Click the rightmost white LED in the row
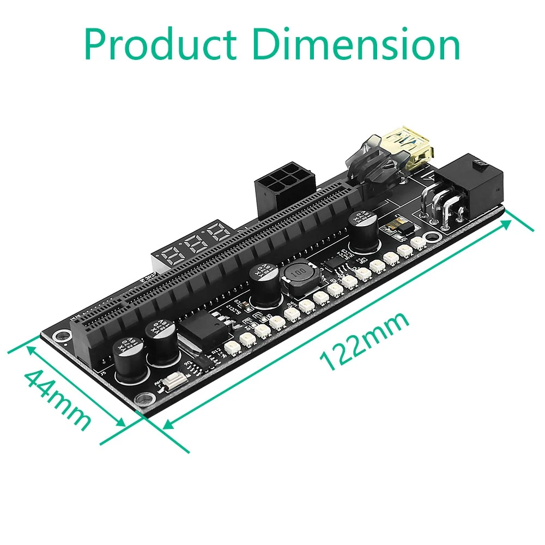[419, 243]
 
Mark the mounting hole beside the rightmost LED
[433, 238]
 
